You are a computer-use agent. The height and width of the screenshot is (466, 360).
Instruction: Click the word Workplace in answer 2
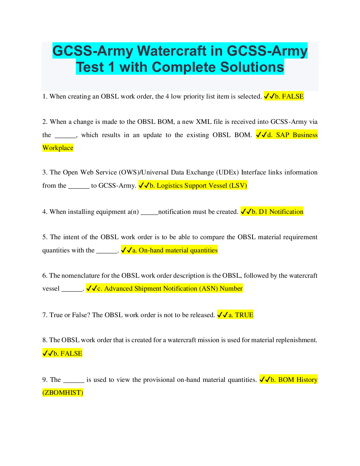pyautogui.click(x=58, y=148)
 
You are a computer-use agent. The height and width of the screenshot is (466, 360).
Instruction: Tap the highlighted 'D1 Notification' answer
pyautogui.click(x=281, y=212)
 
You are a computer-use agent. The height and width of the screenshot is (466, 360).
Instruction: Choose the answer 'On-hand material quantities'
pyautogui.click(x=178, y=250)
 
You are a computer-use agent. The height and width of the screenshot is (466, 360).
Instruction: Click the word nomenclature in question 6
pyautogui.click(x=80, y=276)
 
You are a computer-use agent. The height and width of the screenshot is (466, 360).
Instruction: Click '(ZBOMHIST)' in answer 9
pyautogui.click(x=63, y=393)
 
